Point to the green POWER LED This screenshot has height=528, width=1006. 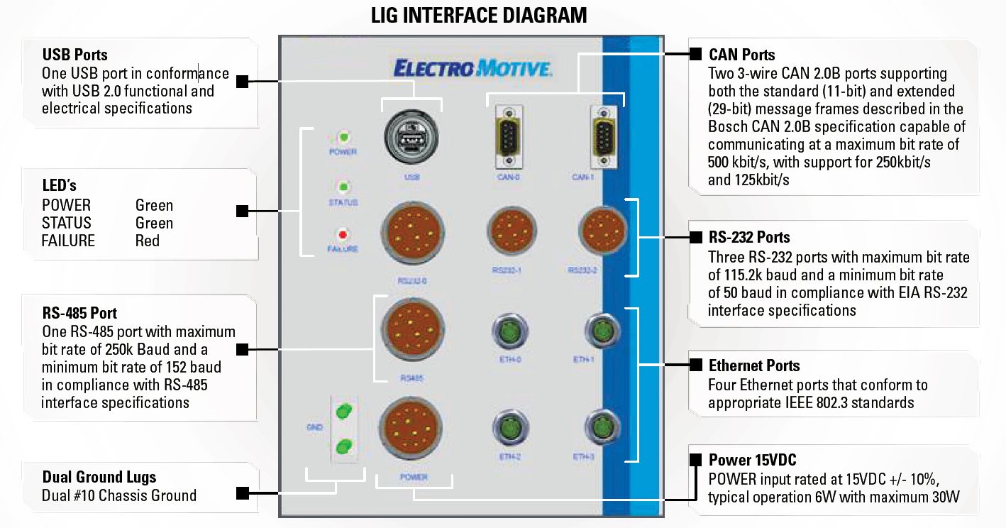coord(343,137)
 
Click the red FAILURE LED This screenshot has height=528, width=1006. coord(343,234)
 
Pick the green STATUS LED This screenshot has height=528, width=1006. coord(343,187)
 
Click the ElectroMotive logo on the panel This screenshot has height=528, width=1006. coord(472,69)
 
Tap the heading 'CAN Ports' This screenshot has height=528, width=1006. coord(742,55)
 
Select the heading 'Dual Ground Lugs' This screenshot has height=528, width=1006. coord(99,477)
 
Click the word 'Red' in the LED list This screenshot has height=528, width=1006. coord(148,241)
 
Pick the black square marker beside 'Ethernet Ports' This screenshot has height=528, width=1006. coord(696,365)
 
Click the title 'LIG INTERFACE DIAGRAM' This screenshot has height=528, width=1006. coord(479,16)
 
